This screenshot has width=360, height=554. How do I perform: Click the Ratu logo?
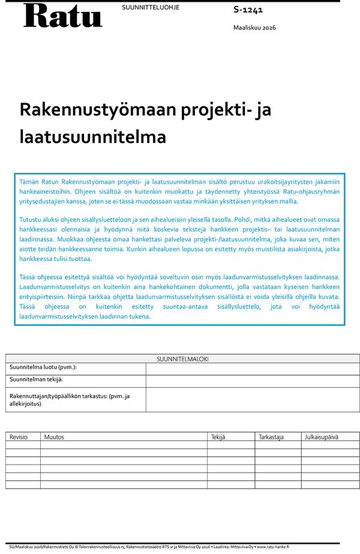(62, 16)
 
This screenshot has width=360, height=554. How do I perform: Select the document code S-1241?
(248, 10)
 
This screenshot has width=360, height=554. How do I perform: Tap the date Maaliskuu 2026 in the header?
(254, 28)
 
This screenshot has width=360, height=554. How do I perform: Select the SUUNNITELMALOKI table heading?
(182, 359)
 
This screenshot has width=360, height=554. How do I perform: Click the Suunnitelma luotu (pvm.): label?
(43, 367)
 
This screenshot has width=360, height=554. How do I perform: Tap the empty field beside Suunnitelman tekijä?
(252, 381)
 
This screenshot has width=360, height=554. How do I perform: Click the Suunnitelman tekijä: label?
(36, 379)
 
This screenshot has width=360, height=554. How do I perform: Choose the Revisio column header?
(19, 437)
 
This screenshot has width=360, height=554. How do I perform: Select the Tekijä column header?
(218, 437)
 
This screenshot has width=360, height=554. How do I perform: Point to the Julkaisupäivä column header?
(322, 437)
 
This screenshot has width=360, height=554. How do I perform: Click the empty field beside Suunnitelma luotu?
(252, 368)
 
